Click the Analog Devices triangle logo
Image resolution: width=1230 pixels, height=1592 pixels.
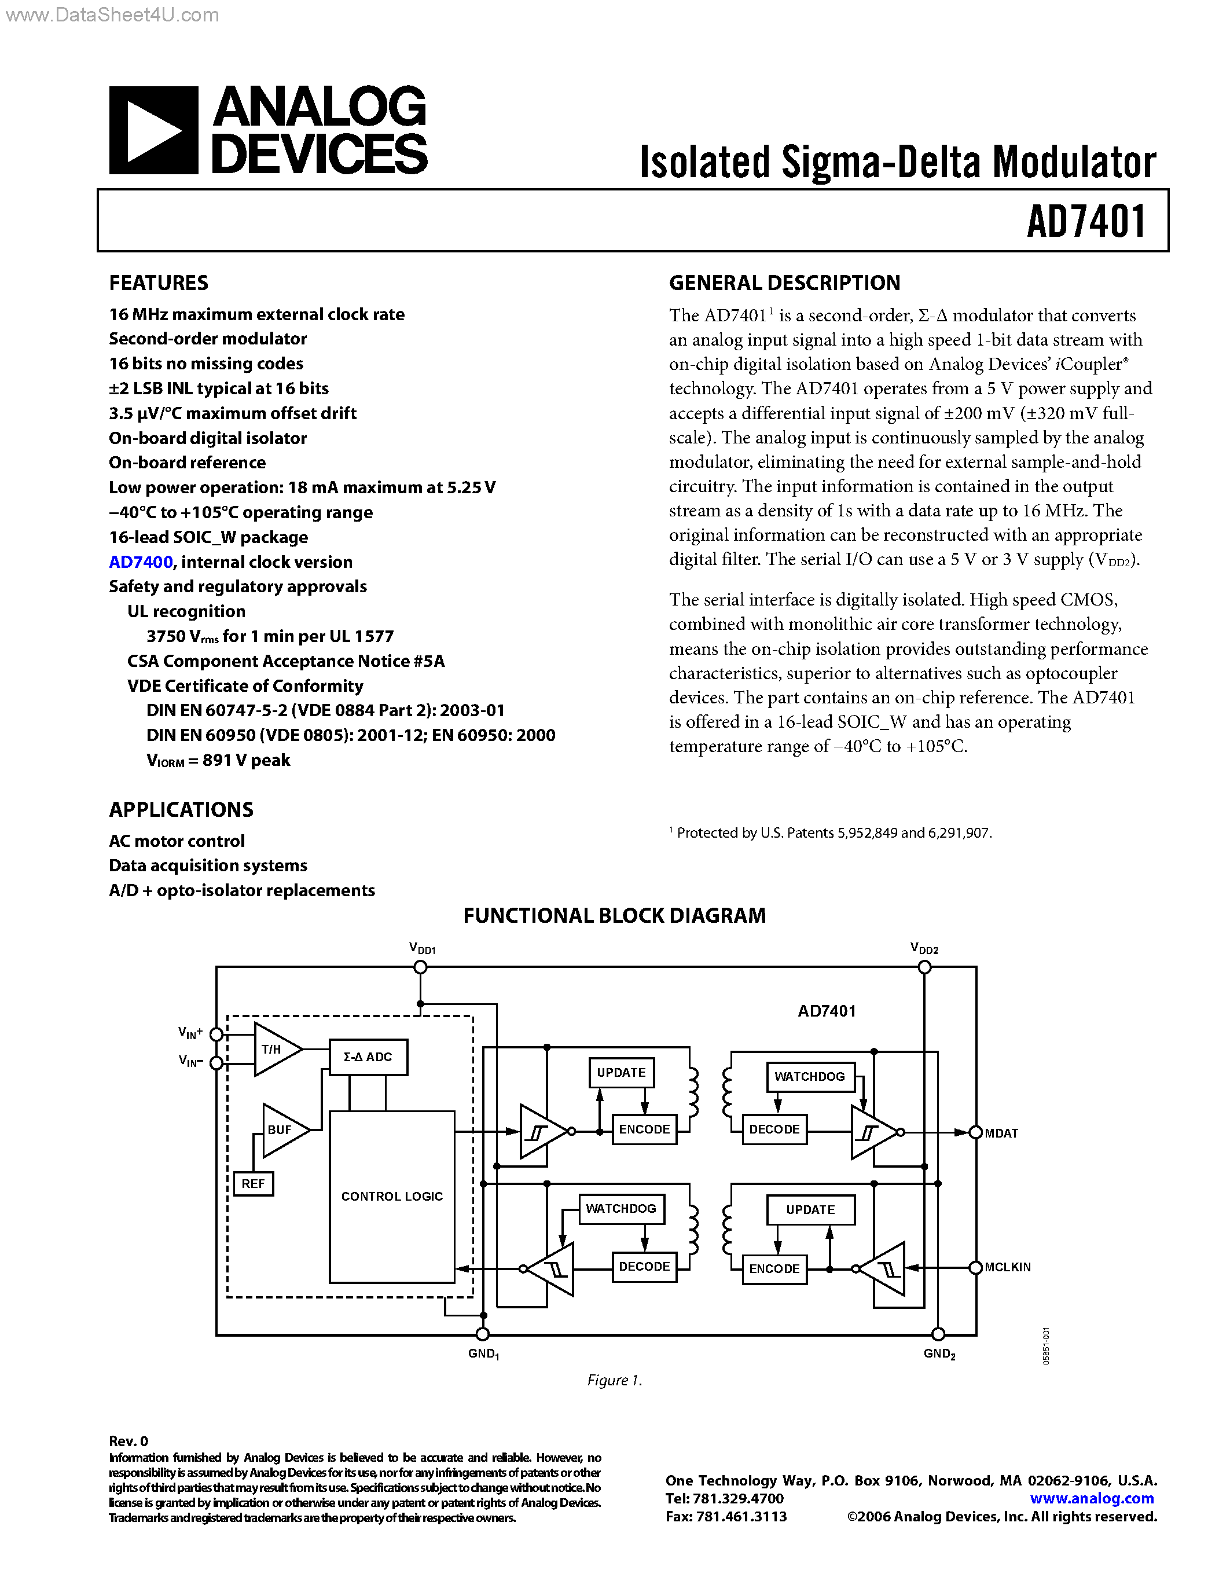pyautogui.click(x=153, y=130)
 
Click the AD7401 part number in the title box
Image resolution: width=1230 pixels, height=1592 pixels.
pyautogui.click(x=1086, y=222)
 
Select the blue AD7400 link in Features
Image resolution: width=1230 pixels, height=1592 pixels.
pyautogui.click(x=141, y=562)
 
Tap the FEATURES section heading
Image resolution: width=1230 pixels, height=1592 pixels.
pyautogui.click(x=158, y=283)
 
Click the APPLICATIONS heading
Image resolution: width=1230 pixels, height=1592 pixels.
pyautogui.click(x=181, y=810)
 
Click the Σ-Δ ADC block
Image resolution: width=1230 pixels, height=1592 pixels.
pyautogui.click(x=368, y=1057)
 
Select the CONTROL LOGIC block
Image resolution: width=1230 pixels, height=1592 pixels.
pyautogui.click(x=392, y=1196)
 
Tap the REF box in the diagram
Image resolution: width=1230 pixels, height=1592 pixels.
pyautogui.click(x=253, y=1184)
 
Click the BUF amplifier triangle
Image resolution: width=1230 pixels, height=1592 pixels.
pyautogui.click(x=282, y=1130)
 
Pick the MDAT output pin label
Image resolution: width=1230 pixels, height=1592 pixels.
pyautogui.click(x=1001, y=1134)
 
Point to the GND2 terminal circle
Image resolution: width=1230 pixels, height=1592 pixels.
pyautogui.click(x=938, y=1334)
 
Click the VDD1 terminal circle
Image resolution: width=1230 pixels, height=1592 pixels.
pyautogui.click(x=420, y=967)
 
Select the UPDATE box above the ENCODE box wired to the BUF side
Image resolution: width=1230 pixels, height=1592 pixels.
pyautogui.click(x=621, y=1072)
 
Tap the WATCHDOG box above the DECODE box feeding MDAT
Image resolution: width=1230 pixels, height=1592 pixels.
pyautogui.click(x=810, y=1077)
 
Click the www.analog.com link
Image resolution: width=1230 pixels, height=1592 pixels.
pyautogui.click(x=1092, y=1498)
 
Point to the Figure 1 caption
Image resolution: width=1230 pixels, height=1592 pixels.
pyautogui.click(x=614, y=1380)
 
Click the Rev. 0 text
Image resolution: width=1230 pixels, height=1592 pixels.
pyautogui.click(x=128, y=1441)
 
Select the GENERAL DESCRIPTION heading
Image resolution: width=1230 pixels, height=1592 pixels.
pyautogui.click(x=784, y=283)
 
